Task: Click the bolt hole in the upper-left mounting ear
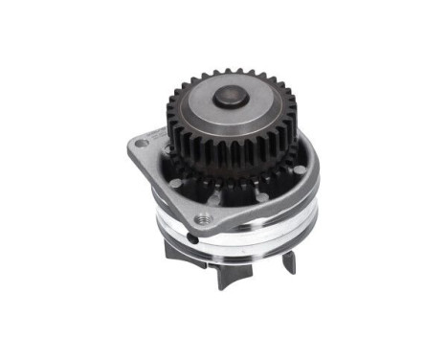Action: [x=143, y=144]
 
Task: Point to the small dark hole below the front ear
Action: [x=194, y=239]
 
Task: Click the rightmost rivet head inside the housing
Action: [x=301, y=169]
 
